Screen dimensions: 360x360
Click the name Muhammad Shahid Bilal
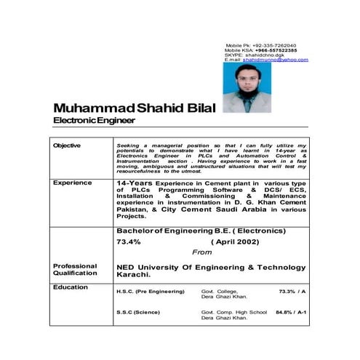click(x=135, y=108)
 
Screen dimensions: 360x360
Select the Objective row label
click(x=67, y=146)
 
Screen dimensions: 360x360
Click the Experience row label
click(x=71, y=183)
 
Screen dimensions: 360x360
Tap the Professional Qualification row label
click(x=74, y=270)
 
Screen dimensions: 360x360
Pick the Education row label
click(x=70, y=287)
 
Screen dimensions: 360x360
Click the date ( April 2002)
click(x=236, y=241)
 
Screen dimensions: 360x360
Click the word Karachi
click(x=133, y=275)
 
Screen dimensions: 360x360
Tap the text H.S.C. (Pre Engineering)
click(x=151, y=292)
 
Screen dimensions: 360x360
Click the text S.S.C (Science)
click(x=140, y=313)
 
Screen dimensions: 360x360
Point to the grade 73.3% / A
click(x=292, y=291)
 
